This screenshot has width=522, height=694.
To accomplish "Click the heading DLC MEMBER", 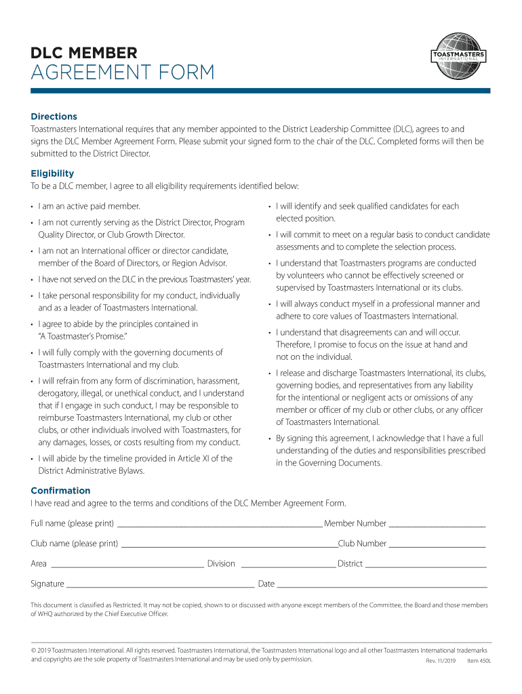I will click(84, 52).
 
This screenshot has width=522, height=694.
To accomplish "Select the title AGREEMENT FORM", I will click(123, 73).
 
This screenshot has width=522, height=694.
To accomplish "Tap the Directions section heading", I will click(54, 117).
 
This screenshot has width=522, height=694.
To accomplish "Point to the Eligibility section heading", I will click(52, 173).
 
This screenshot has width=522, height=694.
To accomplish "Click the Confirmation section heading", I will click(60, 491).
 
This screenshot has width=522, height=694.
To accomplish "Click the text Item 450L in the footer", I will click(479, 661).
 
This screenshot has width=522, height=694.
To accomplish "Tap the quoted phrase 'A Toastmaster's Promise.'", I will click(83, 337).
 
